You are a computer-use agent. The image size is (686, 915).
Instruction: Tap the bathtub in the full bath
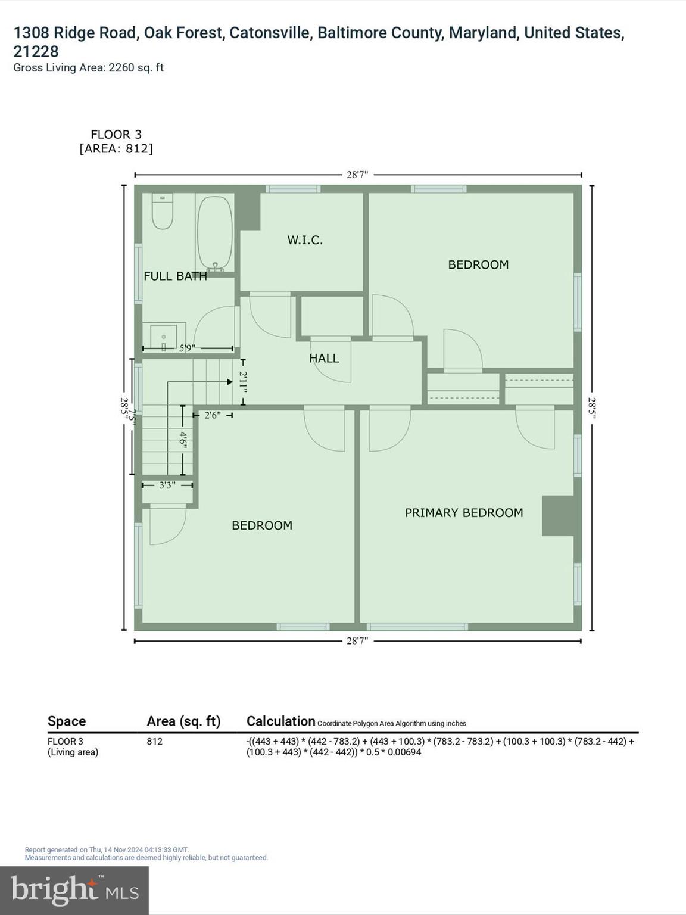214,234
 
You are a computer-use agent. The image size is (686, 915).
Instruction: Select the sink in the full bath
164,337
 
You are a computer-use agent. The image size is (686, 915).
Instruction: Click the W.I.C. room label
305,240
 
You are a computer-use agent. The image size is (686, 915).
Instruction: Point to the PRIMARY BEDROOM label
464,513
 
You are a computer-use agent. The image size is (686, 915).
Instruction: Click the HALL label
324,358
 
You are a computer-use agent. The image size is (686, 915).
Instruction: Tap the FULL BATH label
175,276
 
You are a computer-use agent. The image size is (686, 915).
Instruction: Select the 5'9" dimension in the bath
187,348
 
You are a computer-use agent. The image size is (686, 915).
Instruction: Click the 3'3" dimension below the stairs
167,485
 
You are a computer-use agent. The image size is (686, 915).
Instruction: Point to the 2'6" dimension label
212,415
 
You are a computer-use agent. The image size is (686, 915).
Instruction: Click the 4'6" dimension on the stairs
183,441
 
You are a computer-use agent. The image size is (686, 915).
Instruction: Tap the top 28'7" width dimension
357,175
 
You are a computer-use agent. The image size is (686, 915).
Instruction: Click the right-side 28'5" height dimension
592,408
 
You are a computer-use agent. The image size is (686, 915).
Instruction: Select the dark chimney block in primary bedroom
558,516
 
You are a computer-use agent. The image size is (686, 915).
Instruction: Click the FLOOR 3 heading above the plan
116,135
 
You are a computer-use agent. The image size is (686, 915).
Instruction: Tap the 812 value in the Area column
154,742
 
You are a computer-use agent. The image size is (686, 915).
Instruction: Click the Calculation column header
280,721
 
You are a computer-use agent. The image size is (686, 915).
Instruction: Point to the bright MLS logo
74,891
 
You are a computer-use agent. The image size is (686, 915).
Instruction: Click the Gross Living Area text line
88,68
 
